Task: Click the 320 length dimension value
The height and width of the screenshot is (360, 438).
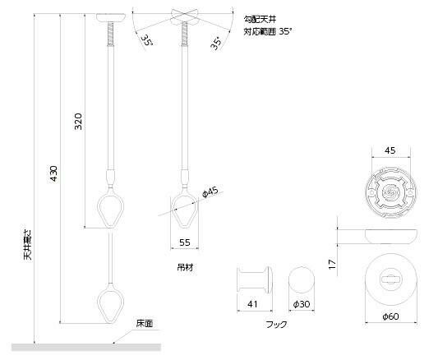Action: tap(77, 125)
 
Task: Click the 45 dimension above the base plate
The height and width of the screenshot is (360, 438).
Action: tap(390, 150)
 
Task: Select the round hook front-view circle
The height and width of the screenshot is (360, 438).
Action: tap(301, 281)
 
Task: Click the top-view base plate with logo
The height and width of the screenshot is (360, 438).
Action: tap(390, 192)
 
